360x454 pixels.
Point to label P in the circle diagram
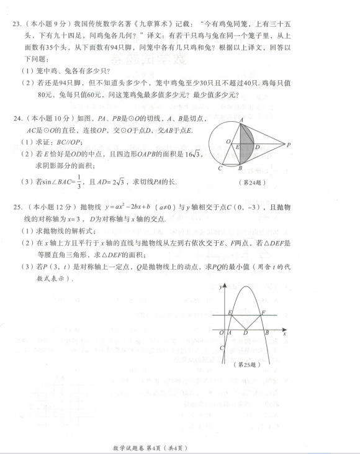click(x=289, y=145)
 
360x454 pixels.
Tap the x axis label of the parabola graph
click(x=284, y=334)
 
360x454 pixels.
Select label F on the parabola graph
click(x=264, y=312)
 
